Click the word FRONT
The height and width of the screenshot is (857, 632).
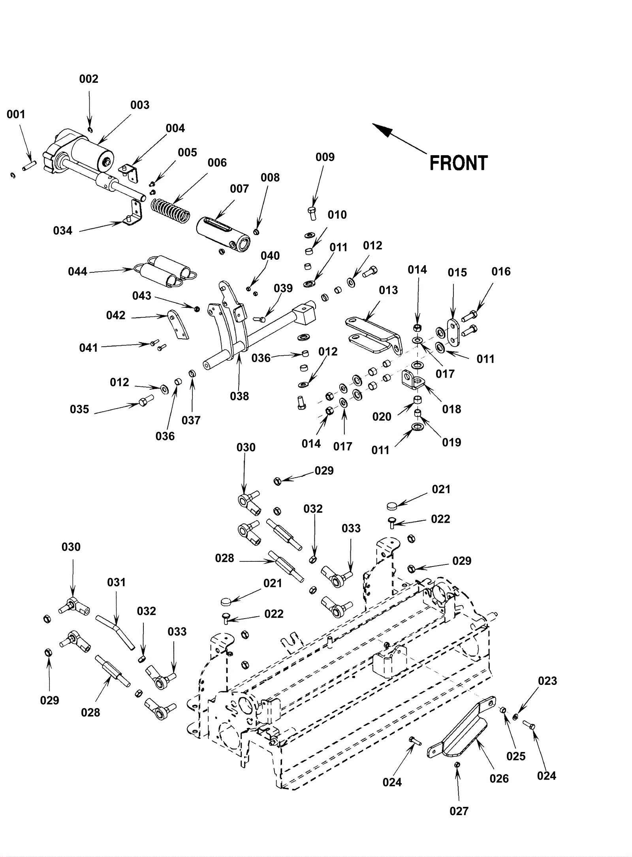(459, 163)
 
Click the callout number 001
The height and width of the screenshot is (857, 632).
(16, 114)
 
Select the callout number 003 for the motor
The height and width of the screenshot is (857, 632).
(140, 105)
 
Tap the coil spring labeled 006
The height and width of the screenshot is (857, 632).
(171, 209)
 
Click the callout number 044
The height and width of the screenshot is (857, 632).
(77, 272)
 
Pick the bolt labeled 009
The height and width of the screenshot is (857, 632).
(312, 213)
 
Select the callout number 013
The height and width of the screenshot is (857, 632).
(388, 290)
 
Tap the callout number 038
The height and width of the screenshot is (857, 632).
(239, 396)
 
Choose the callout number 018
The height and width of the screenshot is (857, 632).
(451, 409)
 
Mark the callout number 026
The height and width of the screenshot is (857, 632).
(499, 778)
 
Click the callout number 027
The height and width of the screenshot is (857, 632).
(459, 811)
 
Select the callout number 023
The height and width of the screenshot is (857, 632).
(547, 681)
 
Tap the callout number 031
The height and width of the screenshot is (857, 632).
(116, 583)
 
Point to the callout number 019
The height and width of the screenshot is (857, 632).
(451, 442)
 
